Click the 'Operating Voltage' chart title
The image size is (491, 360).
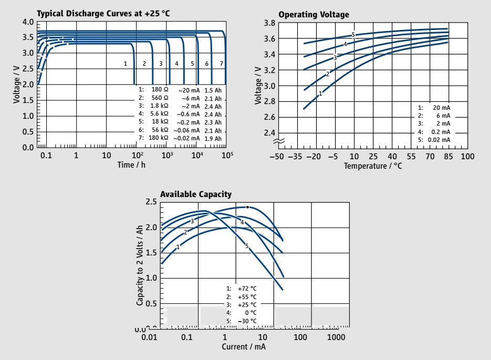314,14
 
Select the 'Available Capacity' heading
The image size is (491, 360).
195,194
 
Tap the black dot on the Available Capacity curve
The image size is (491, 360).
247,207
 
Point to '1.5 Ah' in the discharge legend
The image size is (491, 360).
213,89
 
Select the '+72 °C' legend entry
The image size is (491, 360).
247,289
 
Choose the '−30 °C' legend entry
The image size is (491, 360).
247,321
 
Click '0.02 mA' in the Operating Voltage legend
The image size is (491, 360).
438,139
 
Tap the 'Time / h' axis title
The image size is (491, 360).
132,165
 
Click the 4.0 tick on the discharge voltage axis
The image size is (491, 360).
28,22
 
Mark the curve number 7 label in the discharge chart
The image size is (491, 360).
221,64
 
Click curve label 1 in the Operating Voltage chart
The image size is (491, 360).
320,93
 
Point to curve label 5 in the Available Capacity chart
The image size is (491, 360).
246,246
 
